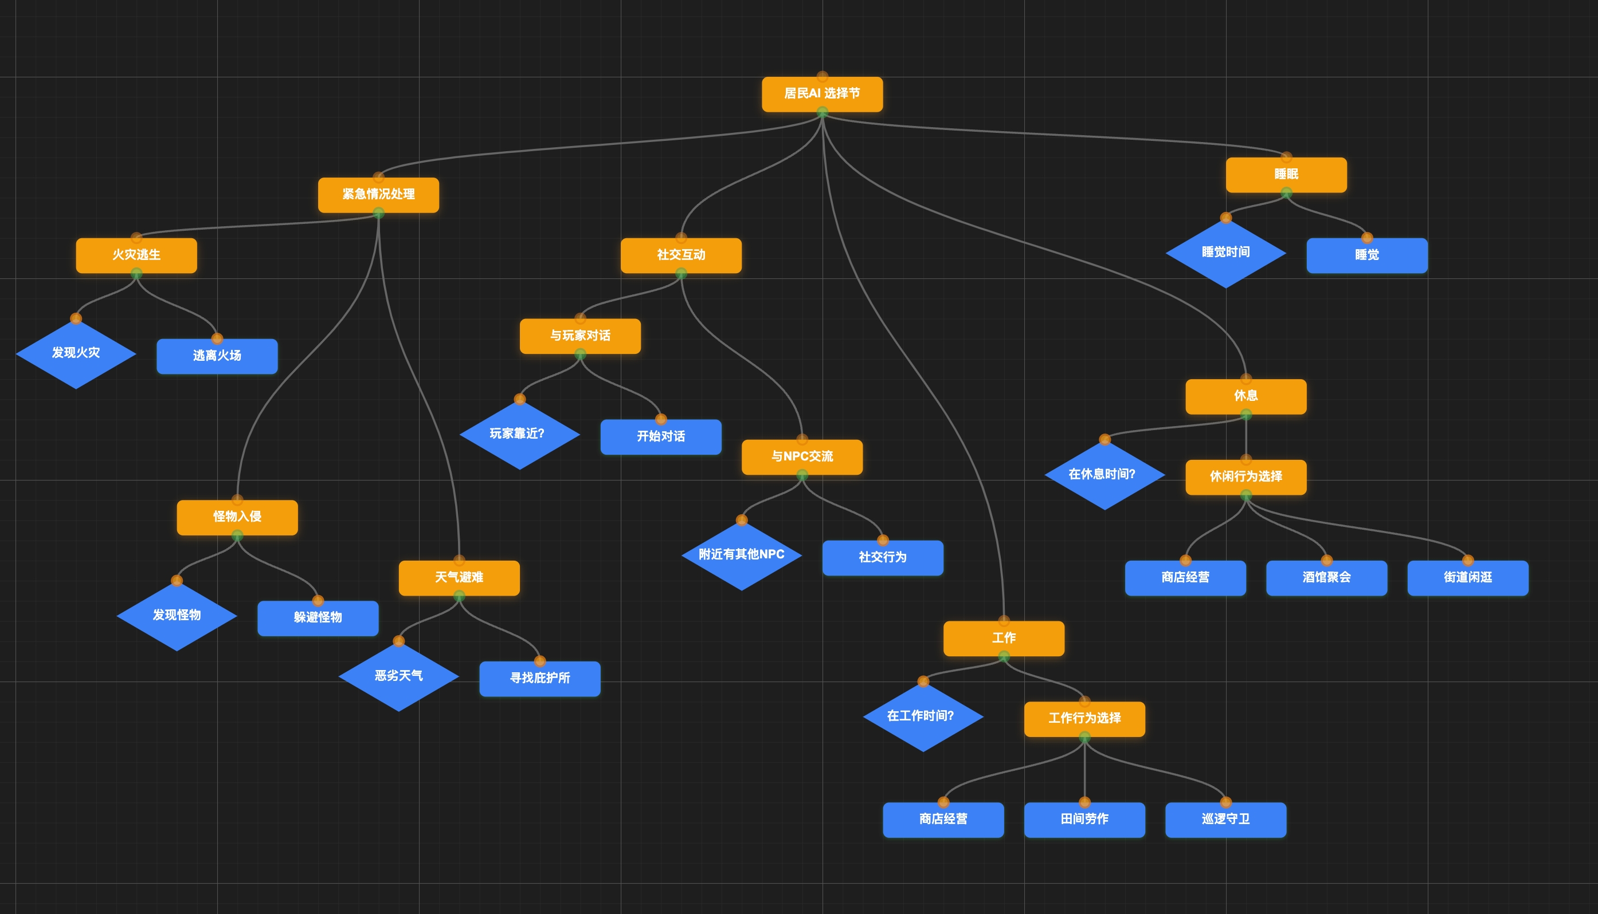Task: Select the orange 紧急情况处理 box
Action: click(x=378, y=195)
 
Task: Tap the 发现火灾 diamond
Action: click(x=76, y=353)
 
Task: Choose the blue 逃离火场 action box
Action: click(x=217, y=356)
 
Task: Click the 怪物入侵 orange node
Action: click(x=237, y=517)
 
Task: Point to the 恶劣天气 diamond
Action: click(x=398, y=676)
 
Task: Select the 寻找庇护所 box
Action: click(x=539, y=679)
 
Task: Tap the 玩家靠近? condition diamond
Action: click(x=519, y=435)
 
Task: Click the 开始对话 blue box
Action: click(x=660, y=437)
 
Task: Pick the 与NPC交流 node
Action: click(x=801, y=457)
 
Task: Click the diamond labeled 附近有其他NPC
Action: click(x=741, y=555)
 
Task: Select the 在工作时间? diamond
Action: click(x=922, y=716)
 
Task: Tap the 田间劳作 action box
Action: click(x=1084, y=819)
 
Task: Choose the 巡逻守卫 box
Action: click(x=1225, y=819)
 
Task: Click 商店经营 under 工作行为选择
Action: click(x=943, y=819)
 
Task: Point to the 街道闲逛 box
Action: click(x=1467, y=577)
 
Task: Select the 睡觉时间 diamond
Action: click(x=1225, y=253)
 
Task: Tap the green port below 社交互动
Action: click(x=681, y=274)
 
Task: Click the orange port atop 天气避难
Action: click(x=459, y=560)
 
